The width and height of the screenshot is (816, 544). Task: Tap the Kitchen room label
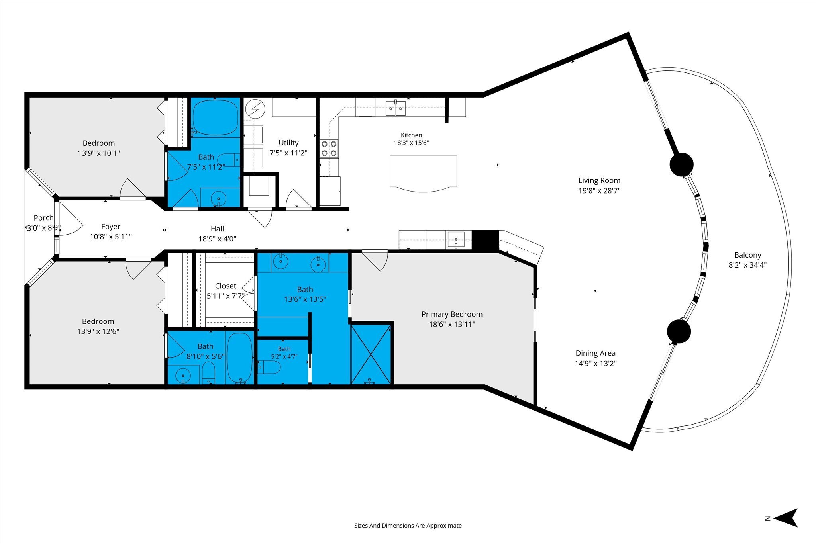(411, 135)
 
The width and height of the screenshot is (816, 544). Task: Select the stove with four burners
(329, 149)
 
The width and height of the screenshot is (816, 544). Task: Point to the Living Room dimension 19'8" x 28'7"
(599, 191)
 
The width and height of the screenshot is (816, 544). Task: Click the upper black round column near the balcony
(681, 164)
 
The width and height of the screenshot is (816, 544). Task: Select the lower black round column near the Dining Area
(679, 331)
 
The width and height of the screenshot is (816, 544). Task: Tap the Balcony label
(747, 255)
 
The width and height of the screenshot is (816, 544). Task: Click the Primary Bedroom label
(452, 315)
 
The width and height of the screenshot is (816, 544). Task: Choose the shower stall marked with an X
(371, 354)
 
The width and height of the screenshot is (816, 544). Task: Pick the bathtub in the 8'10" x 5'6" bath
(239, 357)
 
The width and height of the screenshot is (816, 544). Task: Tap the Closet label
(226, 286)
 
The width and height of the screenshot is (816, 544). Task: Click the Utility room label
(288, 143)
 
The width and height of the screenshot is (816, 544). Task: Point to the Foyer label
(111, 227)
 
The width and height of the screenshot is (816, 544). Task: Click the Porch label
(43, 218)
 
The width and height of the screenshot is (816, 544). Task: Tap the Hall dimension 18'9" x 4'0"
(217, 239)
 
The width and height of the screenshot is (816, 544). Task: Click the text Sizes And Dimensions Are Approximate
(408, 526)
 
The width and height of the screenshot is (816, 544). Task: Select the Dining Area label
(595, 353)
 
